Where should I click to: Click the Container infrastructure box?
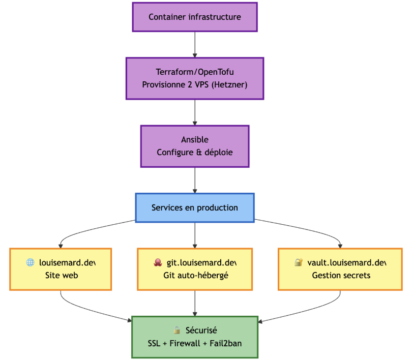[x=195, y=17]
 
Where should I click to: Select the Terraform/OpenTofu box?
[x=195, y=78]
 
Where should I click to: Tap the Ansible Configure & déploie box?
[x=195, y=146]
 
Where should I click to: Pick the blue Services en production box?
[x=195, y=207]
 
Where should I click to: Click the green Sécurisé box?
[x=195, y=337]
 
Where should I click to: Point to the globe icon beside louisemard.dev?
[x=31, y=262]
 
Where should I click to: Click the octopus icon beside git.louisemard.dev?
[x=158, y=262]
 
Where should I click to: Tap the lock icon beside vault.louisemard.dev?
[x=299, y=262]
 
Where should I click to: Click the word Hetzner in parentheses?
[x=229, y=84]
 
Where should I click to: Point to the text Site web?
[x=61, y=275]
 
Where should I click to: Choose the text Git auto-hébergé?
[x=195, y=275]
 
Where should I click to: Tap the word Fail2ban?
[x=224, y=343]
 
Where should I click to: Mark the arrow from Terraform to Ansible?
[x=195, y=112]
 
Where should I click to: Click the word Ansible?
[x=195, y=139]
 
